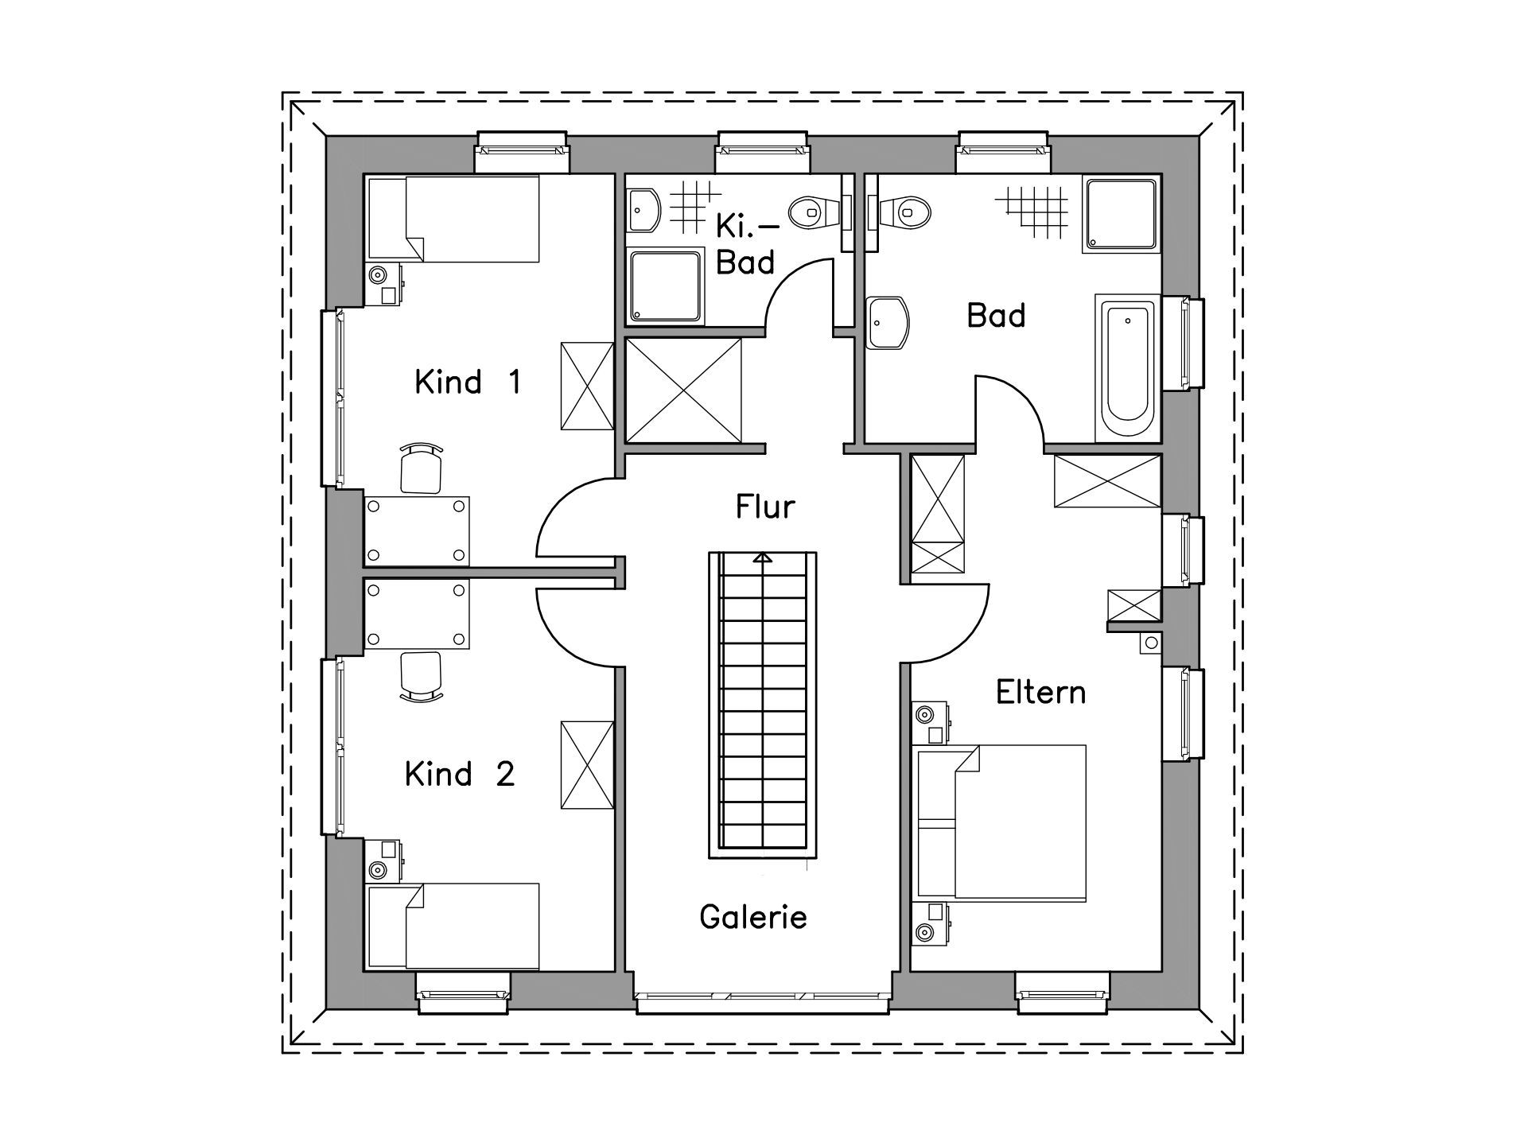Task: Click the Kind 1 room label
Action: point(468,383)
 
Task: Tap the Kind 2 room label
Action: point(460,774)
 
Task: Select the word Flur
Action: point(765,507)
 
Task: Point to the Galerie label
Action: point(753,917)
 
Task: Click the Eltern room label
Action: point(1040,693)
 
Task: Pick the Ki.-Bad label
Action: point(745,244)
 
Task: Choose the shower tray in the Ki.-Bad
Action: point(666,286)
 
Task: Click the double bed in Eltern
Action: point(1001,823)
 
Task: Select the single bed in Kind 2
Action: point(453,926)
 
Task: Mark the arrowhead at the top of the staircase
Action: point(763,557)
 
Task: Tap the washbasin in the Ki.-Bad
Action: point(643,211)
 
